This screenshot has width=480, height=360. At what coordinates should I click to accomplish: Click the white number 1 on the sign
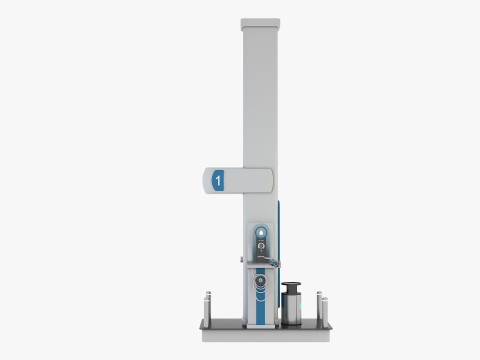coord(218,181)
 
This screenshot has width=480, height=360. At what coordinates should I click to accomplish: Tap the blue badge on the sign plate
coord(219,181)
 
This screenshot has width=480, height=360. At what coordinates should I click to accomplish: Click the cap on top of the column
coord(260,20)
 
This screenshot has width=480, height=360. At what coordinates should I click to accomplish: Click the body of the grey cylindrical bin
coord(293,306)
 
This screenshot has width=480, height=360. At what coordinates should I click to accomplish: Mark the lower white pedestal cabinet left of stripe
coord(246,295)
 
